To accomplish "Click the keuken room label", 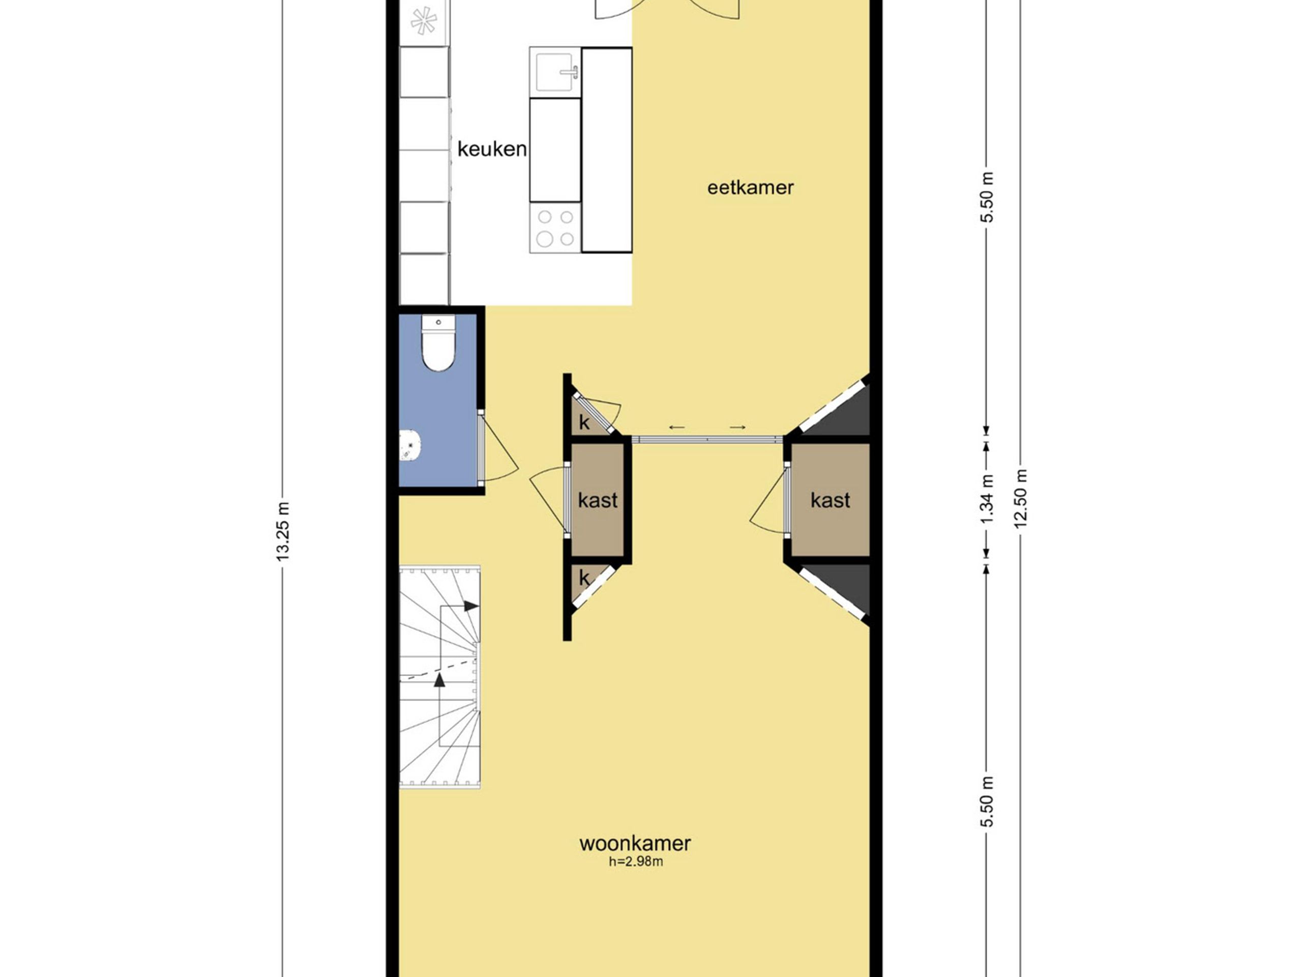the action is [x=492, y=149].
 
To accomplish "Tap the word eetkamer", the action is [x=751, y=188].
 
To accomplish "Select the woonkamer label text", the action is [x=635, y=843].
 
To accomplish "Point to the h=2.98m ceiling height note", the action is [x=636, y=862].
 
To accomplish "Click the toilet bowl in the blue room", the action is [x=438, y=343].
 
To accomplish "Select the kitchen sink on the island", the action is [x=555, y=72].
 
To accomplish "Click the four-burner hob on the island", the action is [x=555, y=228].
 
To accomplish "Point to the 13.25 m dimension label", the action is [x=283, y=532].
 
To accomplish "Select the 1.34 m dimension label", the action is [x=987, y=499].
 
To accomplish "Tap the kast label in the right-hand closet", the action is [x=830, y=501].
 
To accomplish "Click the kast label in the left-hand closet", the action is [x=598, y=501].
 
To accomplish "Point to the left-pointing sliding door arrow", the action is [x=677, y=427].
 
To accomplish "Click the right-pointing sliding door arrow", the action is [x=738, y=427].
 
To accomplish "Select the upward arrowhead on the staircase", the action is [x=439, y=680].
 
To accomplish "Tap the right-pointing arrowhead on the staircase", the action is [x=471, y=606].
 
